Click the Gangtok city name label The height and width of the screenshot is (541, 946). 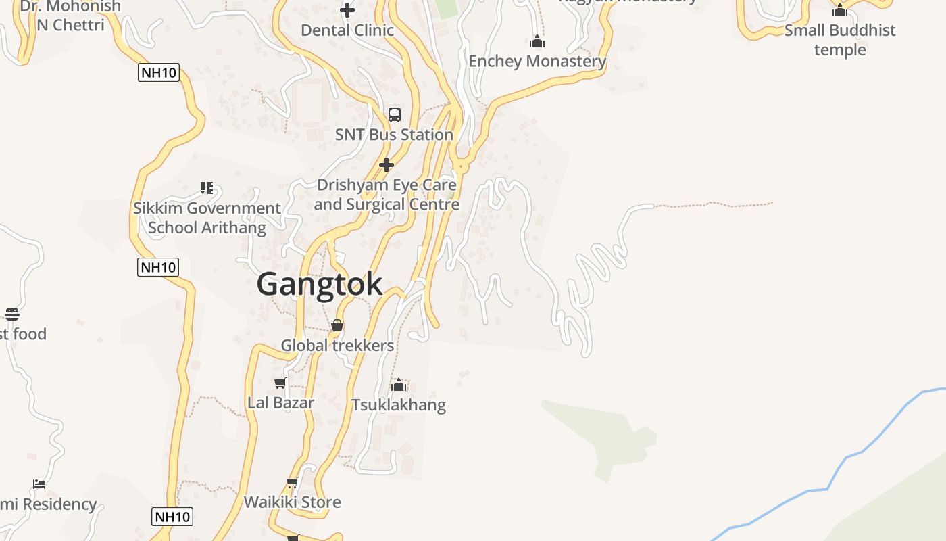[x=320, y=283]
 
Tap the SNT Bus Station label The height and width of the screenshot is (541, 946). [x=394, y=135]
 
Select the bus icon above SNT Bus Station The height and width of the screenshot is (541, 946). [x=395, y=114]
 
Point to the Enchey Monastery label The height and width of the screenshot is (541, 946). [x=537, y=61]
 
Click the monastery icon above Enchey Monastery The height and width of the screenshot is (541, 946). [x=537, y=42]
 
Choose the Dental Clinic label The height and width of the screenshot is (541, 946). [x=347, y=30]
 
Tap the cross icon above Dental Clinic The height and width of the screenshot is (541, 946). [x=347, y=10]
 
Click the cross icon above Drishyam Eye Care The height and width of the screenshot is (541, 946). [x=387, y=165]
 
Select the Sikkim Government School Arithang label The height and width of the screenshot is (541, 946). [x=207, y=218]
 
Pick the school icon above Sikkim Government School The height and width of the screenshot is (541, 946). [x=207, y=187]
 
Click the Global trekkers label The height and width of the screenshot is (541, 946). [x=337, y=346]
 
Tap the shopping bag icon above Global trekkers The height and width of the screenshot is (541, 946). [x=337, y=326]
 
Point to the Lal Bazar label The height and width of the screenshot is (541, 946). [x=280, y=403]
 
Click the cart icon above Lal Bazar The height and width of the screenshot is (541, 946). [x=280, y=383]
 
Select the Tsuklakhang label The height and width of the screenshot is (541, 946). [x=399, y=405]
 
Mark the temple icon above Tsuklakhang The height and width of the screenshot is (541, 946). [x=399, y=385]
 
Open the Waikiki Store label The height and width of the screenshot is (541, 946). [x=293, y=502]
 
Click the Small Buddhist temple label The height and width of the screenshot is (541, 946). [x=840, y=40]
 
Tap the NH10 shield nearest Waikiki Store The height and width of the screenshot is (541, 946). [x=172, y=517]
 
